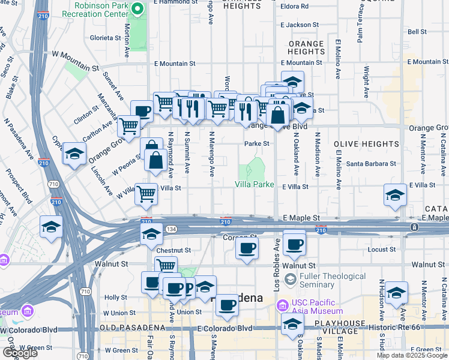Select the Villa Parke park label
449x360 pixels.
pyautogui.click(x=254, y=184)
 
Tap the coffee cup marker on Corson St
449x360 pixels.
pyautogui.click(x=247, y=249)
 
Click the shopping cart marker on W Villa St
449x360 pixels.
pyautogui.click(x=146, y=194)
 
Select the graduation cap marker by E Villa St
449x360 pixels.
pyautogui.click(x=395, y=196)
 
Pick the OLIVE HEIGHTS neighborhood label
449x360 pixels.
pyautogui.click(x=366, y=144)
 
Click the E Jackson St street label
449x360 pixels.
pyautogui.click(x=299, y=25)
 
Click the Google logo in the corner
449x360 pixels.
pyautogui.click(x=20, y=353)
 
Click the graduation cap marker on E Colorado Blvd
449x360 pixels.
pyautogui.click(x=292, y=326)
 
